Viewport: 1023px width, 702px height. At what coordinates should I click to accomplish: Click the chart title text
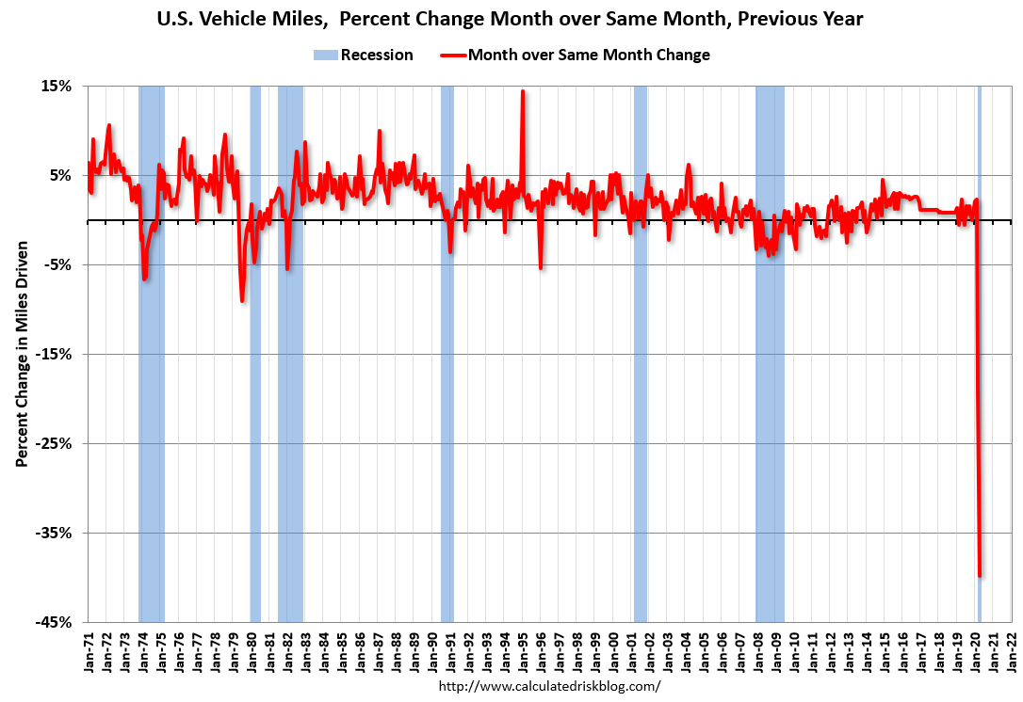point(511,19)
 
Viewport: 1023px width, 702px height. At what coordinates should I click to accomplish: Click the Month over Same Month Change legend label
point(589,55)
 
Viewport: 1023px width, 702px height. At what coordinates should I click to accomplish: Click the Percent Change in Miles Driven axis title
point(21,354)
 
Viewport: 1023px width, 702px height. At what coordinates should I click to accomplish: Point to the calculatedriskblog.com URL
point(550,686)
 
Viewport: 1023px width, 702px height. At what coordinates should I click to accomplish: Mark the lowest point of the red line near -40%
point(981,576)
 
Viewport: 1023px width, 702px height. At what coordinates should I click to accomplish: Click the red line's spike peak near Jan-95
point(523,91)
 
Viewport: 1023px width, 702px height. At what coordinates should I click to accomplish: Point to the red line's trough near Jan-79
point(242,300)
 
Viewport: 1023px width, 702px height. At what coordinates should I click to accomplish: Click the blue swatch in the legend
point(325,55)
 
